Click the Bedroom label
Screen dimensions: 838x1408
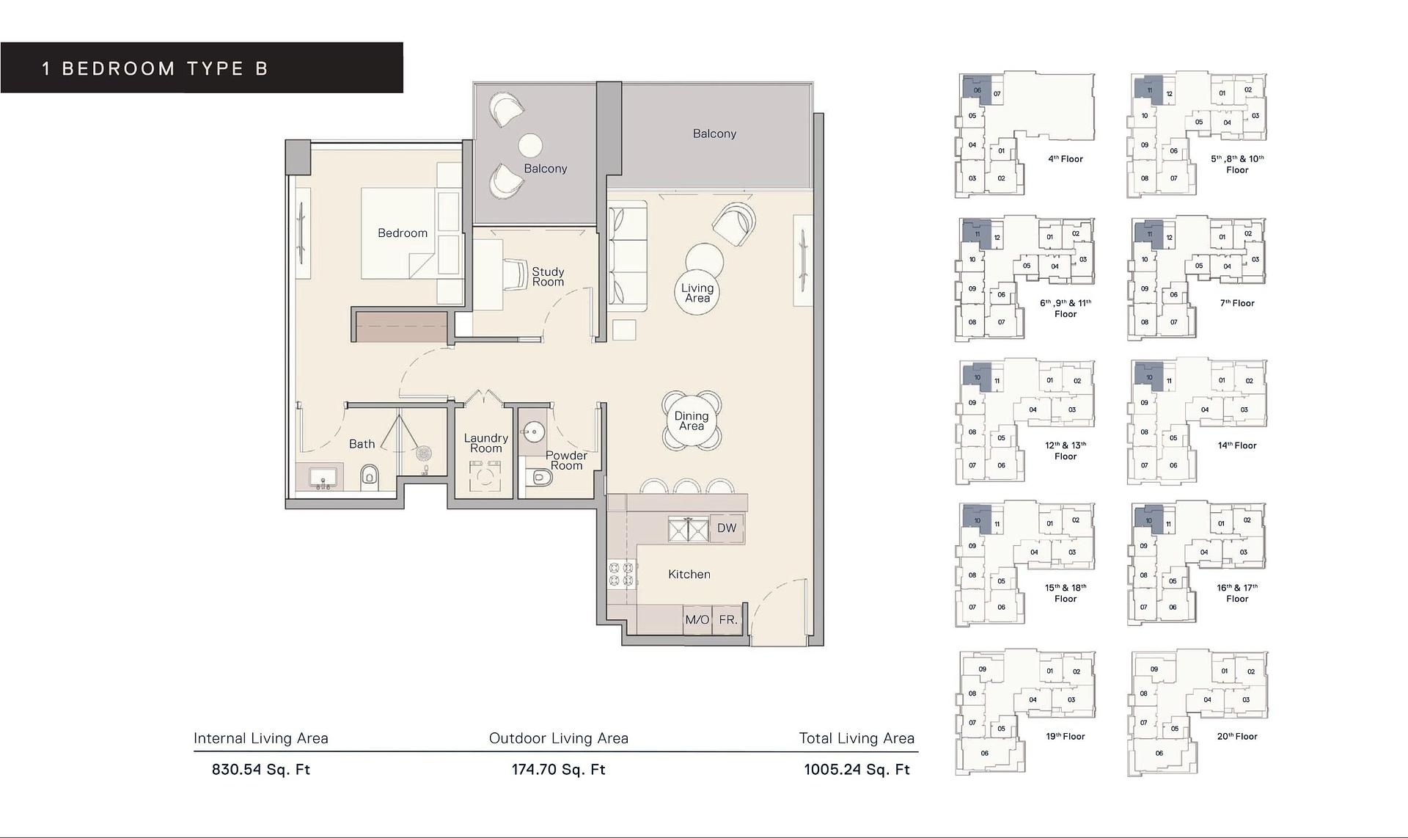[402, 233]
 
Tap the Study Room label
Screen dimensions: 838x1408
[548, 277]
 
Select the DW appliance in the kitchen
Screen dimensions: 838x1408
[727, 528]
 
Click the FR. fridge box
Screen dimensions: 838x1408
[728, 619]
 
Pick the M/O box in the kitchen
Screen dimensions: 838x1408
[697, 619]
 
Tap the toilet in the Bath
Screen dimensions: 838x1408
[370, 477]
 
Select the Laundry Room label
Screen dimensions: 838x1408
[485, 443]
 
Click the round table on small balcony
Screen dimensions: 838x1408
[530, 145]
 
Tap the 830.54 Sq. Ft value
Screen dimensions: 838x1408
[261, 770]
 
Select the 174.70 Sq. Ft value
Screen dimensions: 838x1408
[558, 770]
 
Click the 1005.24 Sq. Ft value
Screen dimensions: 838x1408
[857, 770]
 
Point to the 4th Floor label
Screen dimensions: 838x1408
[1065, 159]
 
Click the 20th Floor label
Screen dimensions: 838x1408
[1236, 736]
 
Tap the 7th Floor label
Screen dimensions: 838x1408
[1236, 303]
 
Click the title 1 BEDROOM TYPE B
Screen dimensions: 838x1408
[155, 69]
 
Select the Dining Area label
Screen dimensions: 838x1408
[692, 421]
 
